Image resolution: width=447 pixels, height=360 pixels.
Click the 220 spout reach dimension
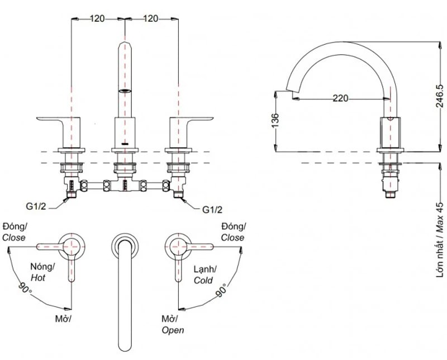click(x=340, y=98)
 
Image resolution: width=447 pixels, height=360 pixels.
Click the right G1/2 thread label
click(x=212, y=210)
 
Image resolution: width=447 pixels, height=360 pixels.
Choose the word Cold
click(x=203, y=280)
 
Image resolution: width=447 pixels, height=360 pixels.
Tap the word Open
click(x=173, y=330)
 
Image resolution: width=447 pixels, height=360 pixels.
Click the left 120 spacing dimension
click(x=97, y=18)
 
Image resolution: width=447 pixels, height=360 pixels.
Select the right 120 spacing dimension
click(x=151, y=18)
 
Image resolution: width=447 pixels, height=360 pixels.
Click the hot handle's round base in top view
click(x=72, y=245)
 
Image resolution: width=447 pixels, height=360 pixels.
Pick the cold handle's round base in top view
click(x=178, y=245)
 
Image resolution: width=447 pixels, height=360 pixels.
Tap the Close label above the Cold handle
click(x=232, y=238)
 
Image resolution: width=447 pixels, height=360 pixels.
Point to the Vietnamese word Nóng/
click(x=42, y=266)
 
